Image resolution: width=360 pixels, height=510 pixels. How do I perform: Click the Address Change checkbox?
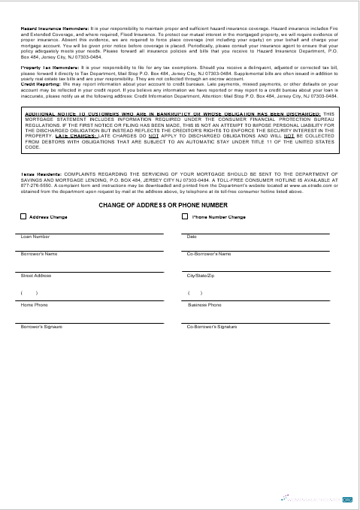click(23, 217)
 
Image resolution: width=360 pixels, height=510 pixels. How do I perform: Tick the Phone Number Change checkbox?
click(186, 217)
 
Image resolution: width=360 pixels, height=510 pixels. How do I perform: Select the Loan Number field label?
click(35, 237)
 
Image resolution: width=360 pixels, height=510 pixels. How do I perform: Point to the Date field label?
click(191, 237)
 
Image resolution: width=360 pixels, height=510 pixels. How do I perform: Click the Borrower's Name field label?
click(39, 254)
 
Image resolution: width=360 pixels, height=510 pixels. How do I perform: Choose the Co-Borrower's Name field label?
click(208, 254)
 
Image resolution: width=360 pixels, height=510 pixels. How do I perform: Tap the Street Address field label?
click(36, 276)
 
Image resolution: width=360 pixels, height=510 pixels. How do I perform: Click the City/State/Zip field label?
click(201, 276)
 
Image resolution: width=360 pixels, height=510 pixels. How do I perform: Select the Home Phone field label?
click(34, 305)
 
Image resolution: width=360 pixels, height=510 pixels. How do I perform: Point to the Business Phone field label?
click(204, 305)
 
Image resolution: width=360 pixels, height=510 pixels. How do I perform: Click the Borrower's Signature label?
click(42, 327)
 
